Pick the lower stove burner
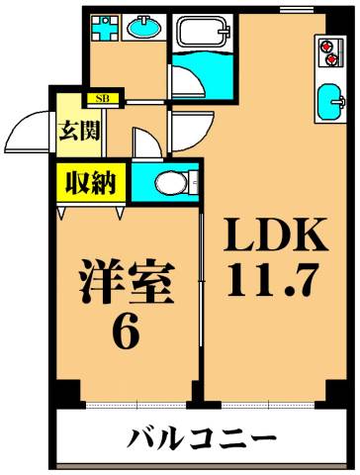coord(328,60)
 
